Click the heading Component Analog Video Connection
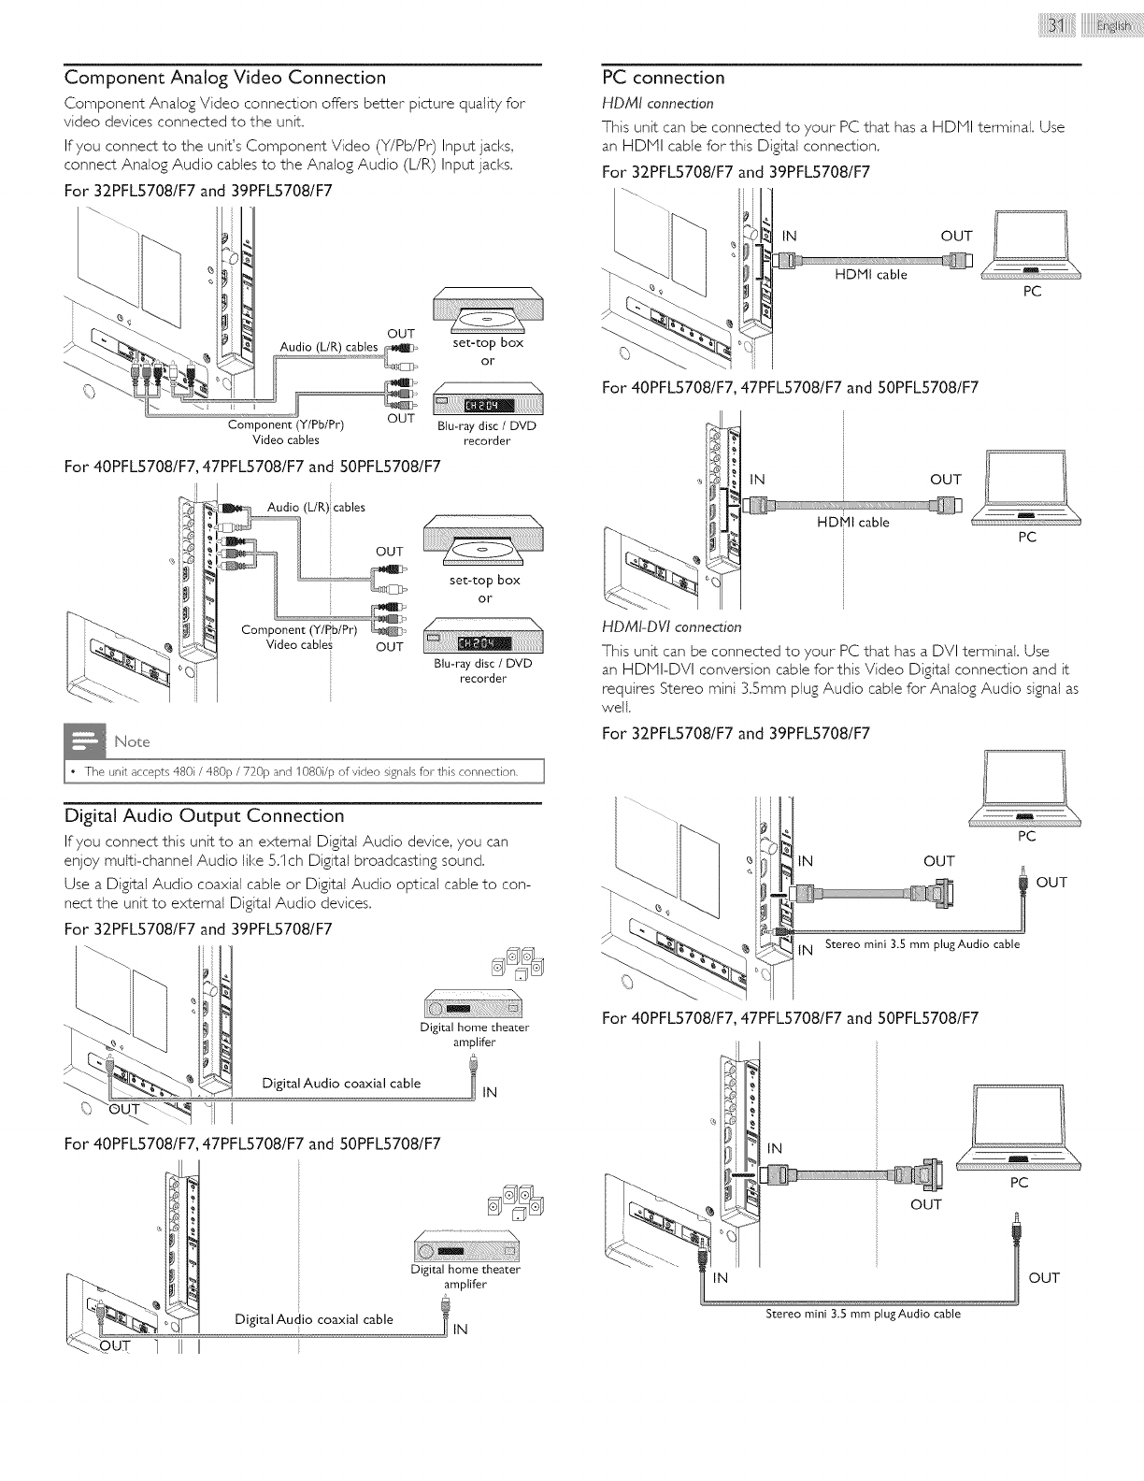click(224, 78)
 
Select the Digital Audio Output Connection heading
click(204, 816)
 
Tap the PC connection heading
click(664, 78)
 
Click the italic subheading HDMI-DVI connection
click(672, 626)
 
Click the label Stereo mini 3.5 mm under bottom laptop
click(863, 1314)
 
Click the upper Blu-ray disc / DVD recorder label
click(487, 433)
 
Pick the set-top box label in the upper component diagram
click(487, 342)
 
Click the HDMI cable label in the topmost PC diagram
click(872, 274)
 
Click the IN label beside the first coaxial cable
click(490, 1092)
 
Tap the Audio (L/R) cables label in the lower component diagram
click(316, 507)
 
